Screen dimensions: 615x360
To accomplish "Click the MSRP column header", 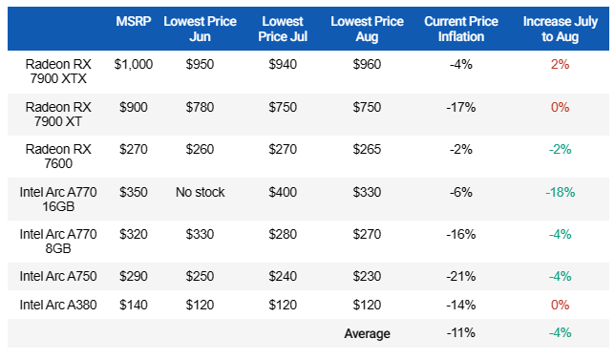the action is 134,21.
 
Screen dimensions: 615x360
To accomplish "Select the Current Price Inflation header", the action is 461,29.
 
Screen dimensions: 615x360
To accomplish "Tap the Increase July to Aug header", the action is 560,29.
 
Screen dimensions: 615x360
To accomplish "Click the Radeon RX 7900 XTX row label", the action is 58,72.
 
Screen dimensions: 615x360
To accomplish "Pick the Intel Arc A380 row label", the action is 58,305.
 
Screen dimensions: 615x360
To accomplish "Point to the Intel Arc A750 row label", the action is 58,276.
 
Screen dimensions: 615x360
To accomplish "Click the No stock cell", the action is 200,192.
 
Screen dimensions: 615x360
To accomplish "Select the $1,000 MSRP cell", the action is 134,64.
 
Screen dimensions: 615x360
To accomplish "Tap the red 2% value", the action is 560,64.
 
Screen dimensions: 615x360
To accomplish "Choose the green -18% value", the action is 560,192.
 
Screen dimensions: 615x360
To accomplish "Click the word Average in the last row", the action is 367,333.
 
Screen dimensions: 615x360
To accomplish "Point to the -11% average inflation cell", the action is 461,333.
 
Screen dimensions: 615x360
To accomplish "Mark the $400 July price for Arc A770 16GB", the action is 283,192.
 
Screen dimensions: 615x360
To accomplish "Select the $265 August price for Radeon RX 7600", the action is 367,149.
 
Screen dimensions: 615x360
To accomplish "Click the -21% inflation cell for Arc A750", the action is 461,276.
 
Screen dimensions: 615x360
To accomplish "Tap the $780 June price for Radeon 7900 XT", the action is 200,107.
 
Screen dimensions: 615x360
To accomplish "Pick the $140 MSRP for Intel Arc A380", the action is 134,305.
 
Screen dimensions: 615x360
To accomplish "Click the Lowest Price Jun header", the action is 200,29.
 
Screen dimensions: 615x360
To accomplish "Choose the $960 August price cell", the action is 367,64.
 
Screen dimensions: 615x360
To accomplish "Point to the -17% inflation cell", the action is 461,107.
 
